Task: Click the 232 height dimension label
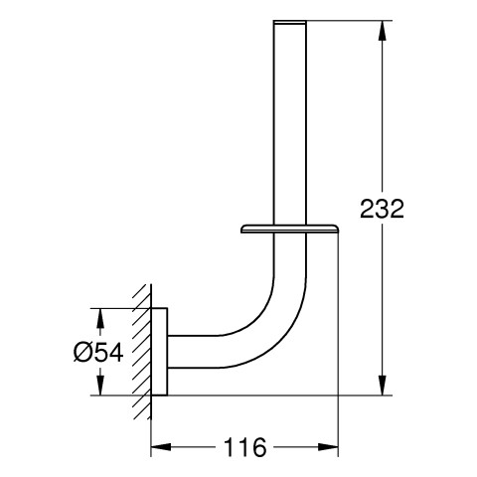[382, 209]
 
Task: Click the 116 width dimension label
[245, 447]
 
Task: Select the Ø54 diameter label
[98, 352]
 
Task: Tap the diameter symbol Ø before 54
[81, 352]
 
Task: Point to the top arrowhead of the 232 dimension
[383, 31]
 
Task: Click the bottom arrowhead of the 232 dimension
[383, 386]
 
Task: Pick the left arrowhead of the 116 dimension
[161, 447]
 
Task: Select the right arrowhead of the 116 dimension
[328, 447]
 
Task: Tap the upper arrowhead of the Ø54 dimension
[100, 318]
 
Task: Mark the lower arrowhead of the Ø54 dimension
[100, 386]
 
